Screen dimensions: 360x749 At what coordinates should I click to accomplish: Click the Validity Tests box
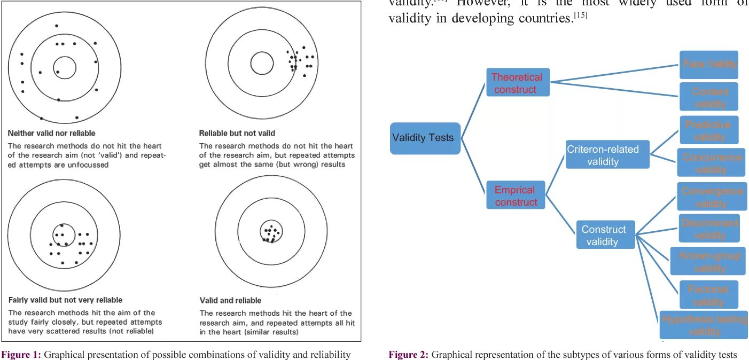(425, 138)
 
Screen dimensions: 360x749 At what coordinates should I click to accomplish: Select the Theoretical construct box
(517, 83)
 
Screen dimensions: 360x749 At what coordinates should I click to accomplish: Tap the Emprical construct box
(516, 195)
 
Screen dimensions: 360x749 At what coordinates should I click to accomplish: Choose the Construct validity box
(605, 235)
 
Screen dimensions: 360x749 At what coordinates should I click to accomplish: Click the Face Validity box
(708, 64)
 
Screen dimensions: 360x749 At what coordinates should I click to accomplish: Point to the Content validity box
(708, 97)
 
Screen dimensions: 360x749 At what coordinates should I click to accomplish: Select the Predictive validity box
(708, 130)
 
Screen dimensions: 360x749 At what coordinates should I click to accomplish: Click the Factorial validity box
(708, 295)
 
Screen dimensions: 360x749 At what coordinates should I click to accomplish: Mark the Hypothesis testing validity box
(704, 325)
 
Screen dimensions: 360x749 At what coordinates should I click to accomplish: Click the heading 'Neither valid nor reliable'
(52, 133)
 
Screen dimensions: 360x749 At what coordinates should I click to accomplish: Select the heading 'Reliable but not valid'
(237, 133)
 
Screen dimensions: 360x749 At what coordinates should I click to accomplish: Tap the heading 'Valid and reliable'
(231, 301)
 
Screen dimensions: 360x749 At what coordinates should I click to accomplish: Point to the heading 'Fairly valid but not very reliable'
(65, 300)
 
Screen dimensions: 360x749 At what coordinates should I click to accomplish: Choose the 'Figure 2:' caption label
(408, 355)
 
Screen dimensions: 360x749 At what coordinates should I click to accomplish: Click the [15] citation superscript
(580, 15)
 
